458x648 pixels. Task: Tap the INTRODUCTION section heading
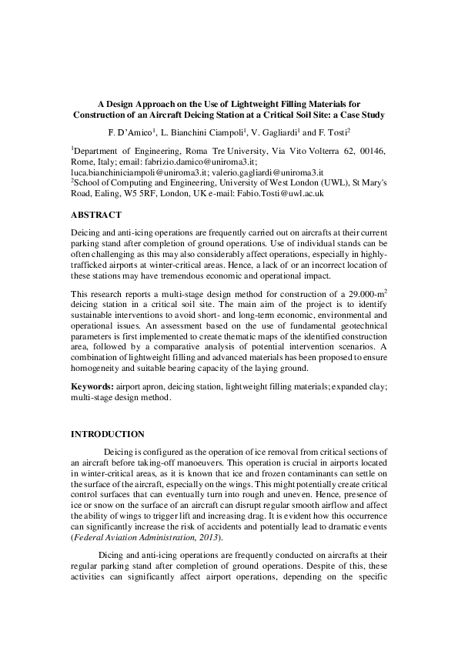[107, 435]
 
